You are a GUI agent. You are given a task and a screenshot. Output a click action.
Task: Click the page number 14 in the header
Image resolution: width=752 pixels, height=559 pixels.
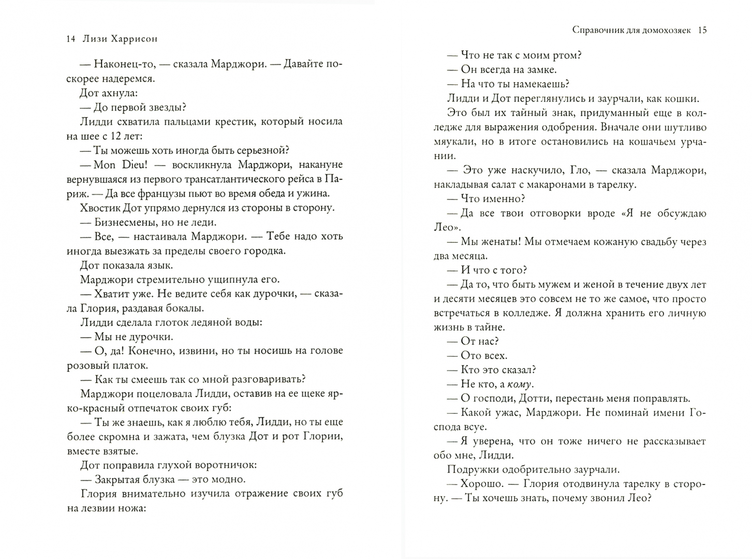pyautogui.click(x=71, y=39)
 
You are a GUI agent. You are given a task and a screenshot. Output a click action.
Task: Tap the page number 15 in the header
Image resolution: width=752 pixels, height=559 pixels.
pyautogui.click(x=702, y=30)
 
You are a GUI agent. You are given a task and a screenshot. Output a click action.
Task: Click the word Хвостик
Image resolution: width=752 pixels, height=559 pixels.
pyautogui.click(x=99, y=208)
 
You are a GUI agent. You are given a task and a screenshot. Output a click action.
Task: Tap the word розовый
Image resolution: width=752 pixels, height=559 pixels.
pyautogui.click(x=88, y=365)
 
